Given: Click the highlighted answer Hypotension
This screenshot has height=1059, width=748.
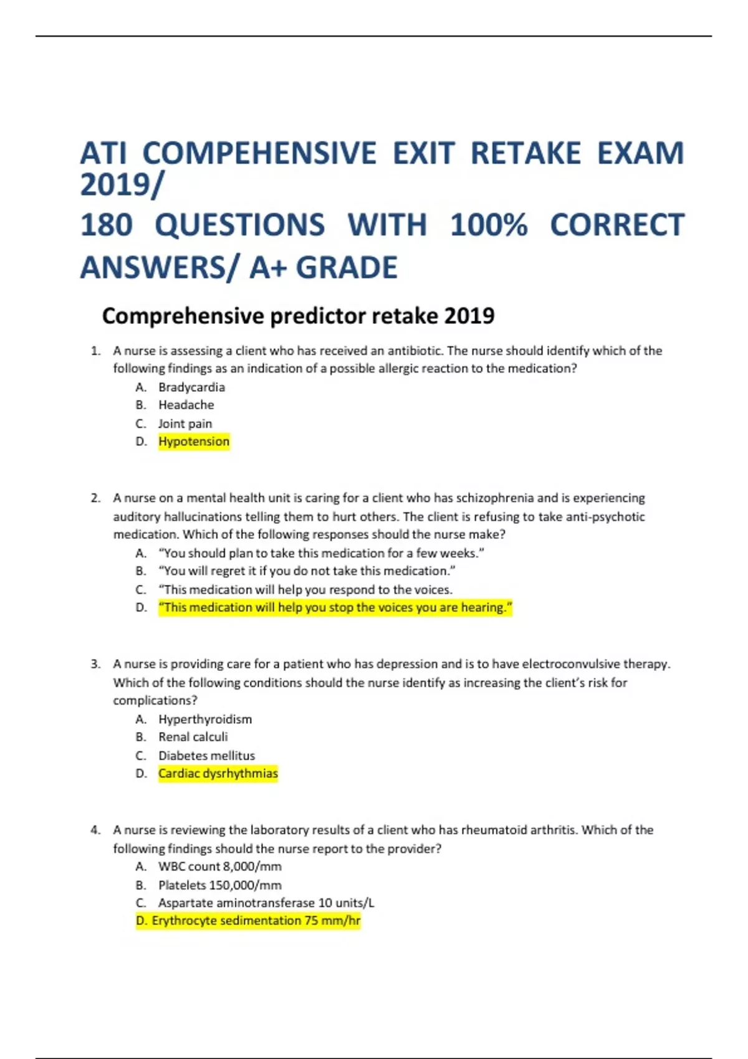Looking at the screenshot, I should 194,442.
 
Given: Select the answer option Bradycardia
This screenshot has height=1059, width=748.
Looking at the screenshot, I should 191,387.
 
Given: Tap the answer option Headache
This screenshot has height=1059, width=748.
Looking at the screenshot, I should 186,405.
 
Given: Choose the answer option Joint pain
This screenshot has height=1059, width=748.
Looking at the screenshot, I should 185,424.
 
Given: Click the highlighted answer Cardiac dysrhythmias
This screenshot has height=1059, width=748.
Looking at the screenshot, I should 218,774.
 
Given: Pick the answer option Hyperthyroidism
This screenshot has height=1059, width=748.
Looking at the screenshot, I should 205,719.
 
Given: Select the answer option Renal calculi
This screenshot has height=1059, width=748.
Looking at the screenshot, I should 193,737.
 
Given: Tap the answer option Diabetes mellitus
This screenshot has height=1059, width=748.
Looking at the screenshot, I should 206,756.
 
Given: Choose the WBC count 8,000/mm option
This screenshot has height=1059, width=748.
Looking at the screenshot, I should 219,867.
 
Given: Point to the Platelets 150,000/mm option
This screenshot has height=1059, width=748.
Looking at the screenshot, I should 219,885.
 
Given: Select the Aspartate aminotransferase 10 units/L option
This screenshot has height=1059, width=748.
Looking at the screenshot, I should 266,903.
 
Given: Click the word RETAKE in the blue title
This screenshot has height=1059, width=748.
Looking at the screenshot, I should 525,154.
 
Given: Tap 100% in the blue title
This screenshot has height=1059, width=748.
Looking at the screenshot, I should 489,225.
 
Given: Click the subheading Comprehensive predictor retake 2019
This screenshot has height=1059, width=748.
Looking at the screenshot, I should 298,316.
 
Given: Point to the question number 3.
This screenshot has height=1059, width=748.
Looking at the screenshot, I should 95,664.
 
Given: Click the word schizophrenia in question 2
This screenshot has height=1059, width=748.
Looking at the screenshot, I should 495,498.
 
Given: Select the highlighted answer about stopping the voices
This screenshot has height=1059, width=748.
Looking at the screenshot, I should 335,607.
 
